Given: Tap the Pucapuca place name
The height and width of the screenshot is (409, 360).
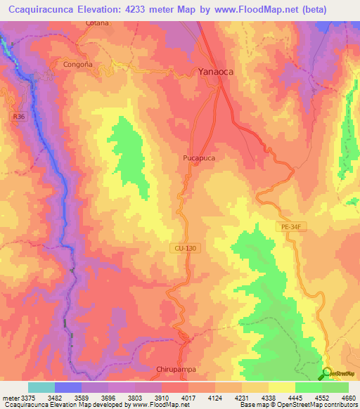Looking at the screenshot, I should click(195, 159).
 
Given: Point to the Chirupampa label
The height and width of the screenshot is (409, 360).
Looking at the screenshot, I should click(178, 368).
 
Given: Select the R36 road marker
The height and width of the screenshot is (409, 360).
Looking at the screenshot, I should click(18, 117).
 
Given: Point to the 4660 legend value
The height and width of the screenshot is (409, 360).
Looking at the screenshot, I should click(349, 398).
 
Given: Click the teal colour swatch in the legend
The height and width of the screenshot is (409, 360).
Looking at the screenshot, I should click(41, 387).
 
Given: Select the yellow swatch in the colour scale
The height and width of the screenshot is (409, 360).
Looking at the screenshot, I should click(281, 387).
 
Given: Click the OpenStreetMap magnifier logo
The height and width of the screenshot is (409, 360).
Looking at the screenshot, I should click(327, 374).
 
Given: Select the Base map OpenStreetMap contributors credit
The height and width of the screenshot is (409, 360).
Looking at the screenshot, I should click(299, 405).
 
